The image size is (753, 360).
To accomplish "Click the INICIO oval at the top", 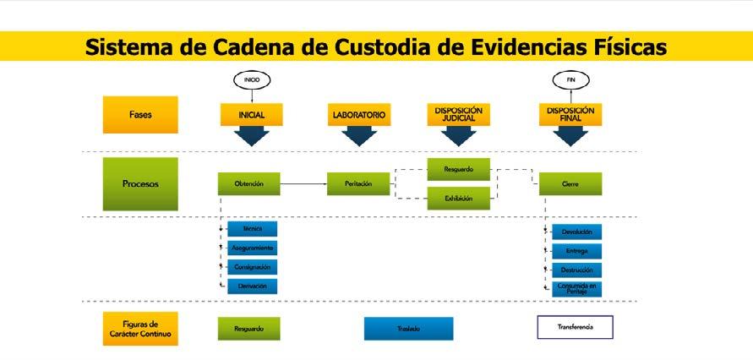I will (x=252, y=80).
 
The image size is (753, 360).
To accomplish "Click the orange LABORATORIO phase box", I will (x=359, y=115).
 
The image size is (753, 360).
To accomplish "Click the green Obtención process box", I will (x=248, y=183).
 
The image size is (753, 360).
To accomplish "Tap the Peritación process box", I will (x=359, y=183).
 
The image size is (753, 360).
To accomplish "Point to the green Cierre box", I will (x=570, y=183).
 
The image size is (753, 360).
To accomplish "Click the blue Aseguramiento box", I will (x=252, y=248).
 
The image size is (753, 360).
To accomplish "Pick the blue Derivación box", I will (x=252, y=286).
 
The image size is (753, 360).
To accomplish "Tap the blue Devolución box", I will (x=576, y=232).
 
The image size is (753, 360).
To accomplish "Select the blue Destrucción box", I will (x=576, y=270).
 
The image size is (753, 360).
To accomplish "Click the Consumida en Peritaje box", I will (x=576, y=289).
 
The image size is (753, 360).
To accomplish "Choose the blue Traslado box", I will (x=408, y=328).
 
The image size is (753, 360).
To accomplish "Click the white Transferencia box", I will (x=575, y=327).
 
